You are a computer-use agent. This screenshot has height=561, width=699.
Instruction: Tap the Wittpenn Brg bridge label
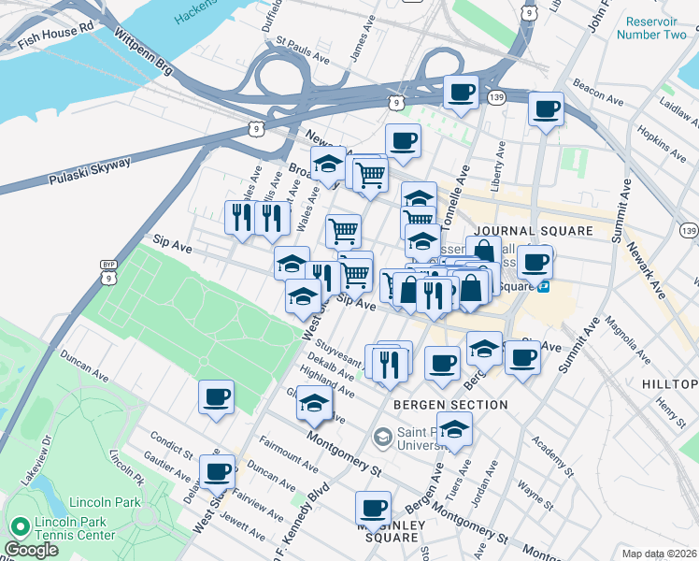coord(144,50)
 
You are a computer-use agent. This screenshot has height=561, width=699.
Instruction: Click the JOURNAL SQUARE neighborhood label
coord(533,231)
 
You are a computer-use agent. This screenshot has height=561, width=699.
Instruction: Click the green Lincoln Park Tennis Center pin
coord(19,526)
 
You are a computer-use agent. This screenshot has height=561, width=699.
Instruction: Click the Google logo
coord(31,549)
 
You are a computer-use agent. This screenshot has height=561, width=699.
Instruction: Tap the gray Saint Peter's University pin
coord(382,437)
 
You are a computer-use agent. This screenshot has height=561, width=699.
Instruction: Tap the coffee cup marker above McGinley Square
coord(373,509)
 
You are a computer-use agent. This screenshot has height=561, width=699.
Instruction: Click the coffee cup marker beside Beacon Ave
coord(546,108)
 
